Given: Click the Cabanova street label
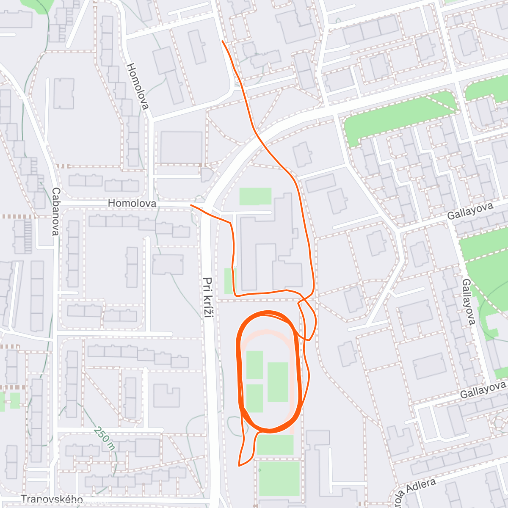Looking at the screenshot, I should coord(56,212).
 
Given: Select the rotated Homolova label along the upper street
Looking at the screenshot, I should coord(138,86).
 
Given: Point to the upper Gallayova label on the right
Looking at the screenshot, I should coord(470,211).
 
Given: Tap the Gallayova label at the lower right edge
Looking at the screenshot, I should coord(483,389).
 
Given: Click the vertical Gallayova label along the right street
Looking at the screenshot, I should coord(469,301).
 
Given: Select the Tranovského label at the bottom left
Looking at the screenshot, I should coord(52,500).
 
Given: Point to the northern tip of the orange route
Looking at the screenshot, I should coord(222,41).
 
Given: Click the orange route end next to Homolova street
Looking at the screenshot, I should coord(191,205).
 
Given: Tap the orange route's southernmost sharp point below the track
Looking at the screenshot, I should coord(239,466).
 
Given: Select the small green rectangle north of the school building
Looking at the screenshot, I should coord(255,196).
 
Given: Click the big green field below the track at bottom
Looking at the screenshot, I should coord(279,478).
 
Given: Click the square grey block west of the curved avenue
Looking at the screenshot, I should coord(181,147).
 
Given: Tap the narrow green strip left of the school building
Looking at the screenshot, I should coord(228,281).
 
